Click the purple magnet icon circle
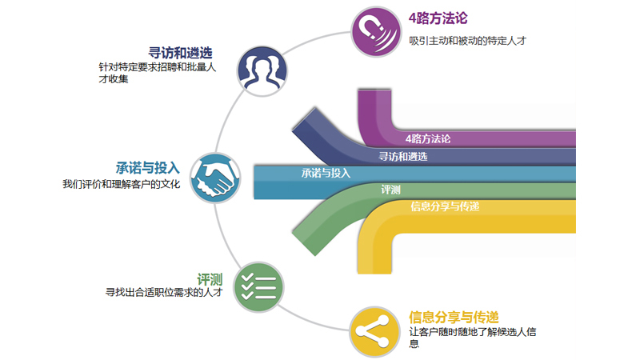point(376,32)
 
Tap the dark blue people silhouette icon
point(262,71)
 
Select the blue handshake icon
point(215,178)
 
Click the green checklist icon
point(258,287)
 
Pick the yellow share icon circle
point(374,331)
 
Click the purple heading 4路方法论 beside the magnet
point(438,18)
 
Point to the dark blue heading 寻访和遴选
point(181,53)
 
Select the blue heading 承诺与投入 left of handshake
point(148,168)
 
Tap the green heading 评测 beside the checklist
point(210,279)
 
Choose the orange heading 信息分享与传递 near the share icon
point(454,317)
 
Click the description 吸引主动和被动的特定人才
point(468,41)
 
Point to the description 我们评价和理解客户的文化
point(122,184)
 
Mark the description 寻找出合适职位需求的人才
point(164,292)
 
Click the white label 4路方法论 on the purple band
point(428,138)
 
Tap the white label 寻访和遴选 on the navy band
point(403,156)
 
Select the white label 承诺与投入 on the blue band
point(326,173)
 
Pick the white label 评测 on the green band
point(390,190)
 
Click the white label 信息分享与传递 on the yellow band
point(445,206)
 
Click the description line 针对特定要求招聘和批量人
point(157,67)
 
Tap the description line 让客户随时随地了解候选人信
point(473,332)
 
